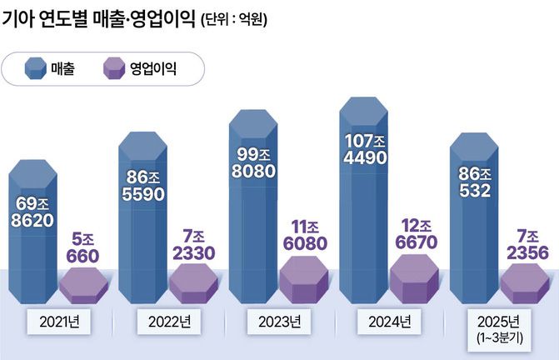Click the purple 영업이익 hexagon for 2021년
83,285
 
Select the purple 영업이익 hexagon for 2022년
193,283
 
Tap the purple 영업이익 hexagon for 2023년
304,278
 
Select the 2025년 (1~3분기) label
500,327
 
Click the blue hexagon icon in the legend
36,68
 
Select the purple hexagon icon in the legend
113,68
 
